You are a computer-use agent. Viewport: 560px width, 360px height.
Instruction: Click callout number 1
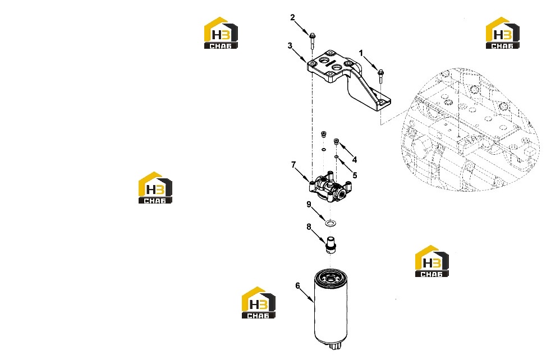coord(361,53)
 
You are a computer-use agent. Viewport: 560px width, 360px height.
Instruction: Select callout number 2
coord(292,17)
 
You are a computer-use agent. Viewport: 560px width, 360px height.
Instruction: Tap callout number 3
coord(290,45)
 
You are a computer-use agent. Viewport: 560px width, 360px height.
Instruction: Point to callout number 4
coord(354,159)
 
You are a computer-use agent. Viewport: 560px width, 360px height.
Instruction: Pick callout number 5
coord(355,176)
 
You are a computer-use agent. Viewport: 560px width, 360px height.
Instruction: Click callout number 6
coord(297,286)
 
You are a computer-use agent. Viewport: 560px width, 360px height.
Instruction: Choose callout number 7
coord(293,164)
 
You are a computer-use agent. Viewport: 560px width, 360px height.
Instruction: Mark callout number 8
coord(309,227)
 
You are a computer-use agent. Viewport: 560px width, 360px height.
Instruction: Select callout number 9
coord(309,205)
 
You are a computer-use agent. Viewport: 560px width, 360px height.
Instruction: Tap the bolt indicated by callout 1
coord(380,76)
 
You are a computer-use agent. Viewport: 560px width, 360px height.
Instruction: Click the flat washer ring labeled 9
coord(331,223)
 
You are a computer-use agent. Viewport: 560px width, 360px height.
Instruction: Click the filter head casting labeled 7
coord(331,187)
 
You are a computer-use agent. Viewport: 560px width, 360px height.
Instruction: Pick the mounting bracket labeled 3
coord(348,80)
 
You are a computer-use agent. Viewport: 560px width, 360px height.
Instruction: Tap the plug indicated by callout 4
coord(336,142)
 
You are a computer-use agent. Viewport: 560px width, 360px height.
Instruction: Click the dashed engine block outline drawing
coord(471,130)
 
